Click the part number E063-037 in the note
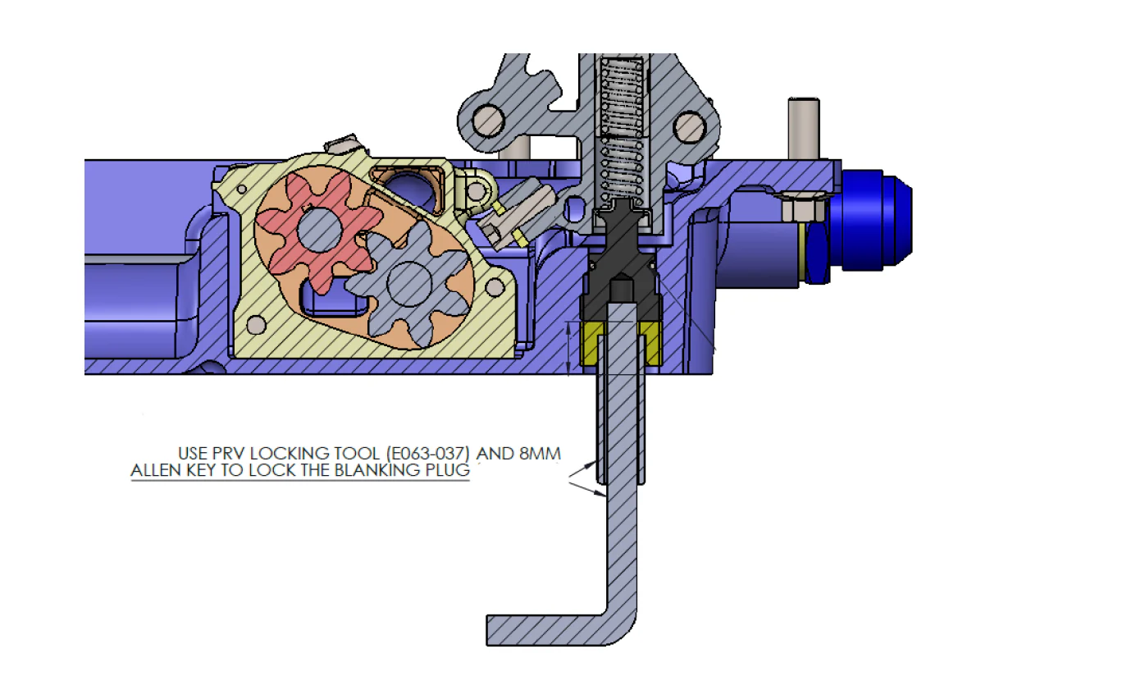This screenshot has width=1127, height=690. pos(427,454)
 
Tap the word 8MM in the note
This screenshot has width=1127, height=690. pos(540,454)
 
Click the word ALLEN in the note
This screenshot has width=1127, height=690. pos(157,470)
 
